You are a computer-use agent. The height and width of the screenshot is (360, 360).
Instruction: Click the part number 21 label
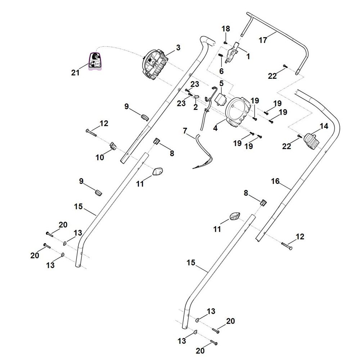tap(75, 73)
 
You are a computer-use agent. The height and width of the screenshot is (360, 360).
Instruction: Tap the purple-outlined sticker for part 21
tap(95, 61)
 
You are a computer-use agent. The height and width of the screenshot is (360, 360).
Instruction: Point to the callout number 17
tap(263, 40)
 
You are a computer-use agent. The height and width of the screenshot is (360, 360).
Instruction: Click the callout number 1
tap(248, 57)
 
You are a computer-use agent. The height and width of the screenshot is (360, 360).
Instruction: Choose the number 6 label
tap(221, 71)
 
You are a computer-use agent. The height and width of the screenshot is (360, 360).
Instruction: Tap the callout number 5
tap(221, 83)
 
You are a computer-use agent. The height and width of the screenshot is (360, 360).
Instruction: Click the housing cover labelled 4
tap(238, 112)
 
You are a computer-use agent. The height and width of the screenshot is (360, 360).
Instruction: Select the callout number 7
tap(185, 131)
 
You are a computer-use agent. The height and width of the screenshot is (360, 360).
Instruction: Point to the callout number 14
tap(324, 126)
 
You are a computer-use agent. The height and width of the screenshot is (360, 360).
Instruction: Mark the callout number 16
tap(275, 181)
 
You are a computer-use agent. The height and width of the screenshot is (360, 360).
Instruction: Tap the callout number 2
tap(195, 107)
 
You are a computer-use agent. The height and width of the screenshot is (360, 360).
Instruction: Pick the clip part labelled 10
tap(113, 145)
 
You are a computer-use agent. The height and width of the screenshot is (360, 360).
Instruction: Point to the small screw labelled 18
tap(225, 42)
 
